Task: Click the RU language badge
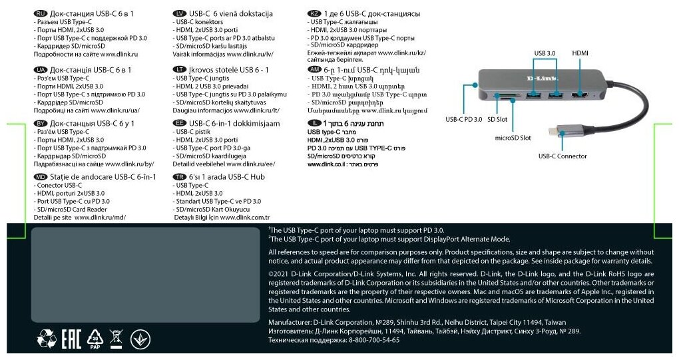pos(41,13)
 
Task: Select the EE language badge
pos(178,123)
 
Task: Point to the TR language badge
pos(178,177)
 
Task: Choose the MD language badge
pos(41,177)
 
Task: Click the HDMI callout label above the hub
pos(580,53)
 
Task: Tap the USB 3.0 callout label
pos(545,53)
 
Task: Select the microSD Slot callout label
pos(513,138)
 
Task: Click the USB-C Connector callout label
pos(563,156)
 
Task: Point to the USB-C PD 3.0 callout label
pos(463,120)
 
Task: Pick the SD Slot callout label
pos(497,120)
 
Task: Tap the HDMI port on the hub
pos(579,98)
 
